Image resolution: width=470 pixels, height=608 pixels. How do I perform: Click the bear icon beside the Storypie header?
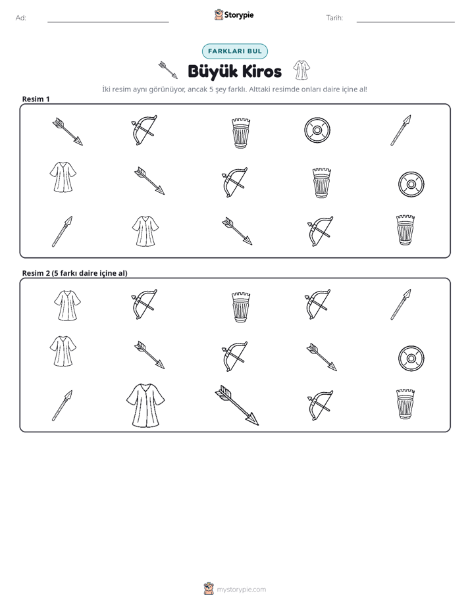[219, 14]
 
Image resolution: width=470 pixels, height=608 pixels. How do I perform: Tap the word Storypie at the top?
[239, 15]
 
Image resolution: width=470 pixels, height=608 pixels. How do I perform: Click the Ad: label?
[21, 18]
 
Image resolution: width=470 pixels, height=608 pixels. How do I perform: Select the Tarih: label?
[334, 18]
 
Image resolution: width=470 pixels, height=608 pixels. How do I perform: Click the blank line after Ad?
[108, 22]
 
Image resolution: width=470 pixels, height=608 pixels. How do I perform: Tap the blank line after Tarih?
[405, 22]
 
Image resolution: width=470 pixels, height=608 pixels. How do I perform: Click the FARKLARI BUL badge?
[235, 51]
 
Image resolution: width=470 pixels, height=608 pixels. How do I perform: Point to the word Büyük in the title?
[213, 71]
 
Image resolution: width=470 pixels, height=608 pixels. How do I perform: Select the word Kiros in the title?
[262, 71]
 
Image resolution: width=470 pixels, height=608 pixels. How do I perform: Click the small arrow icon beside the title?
[168, 70]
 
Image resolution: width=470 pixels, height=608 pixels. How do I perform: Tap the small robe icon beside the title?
[301, 70]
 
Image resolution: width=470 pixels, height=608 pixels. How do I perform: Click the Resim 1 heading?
[36, 99]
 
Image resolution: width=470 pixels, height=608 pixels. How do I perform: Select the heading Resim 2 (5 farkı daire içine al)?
[74, 273]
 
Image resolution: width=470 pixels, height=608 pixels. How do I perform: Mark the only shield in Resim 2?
[411, 358]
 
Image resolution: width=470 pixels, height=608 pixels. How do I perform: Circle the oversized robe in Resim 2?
[145, 405]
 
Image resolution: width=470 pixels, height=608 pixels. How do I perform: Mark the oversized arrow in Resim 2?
[236, 405]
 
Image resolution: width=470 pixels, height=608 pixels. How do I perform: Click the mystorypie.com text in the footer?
[241, 590]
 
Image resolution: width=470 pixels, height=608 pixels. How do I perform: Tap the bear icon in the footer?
[209, 589]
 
